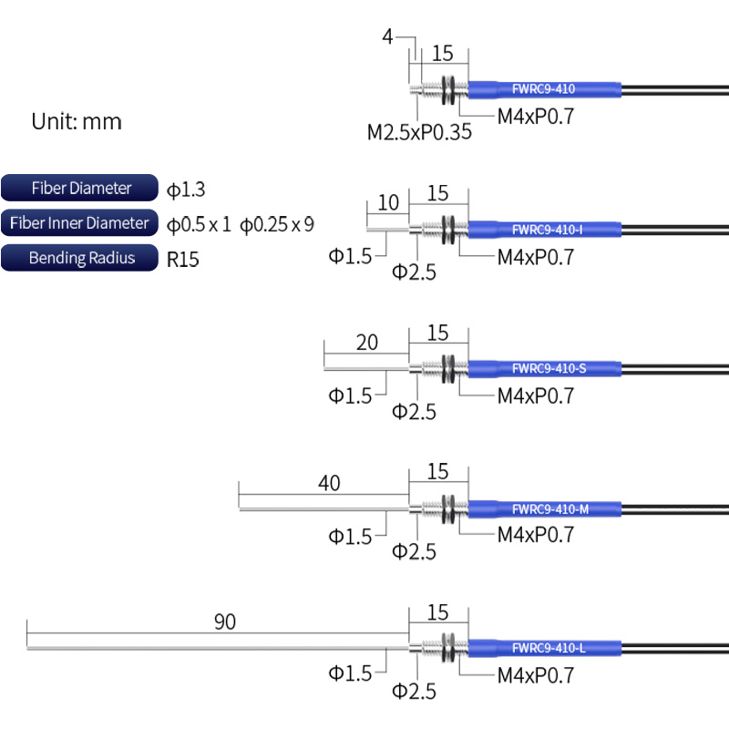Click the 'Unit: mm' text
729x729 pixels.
click(77, 122)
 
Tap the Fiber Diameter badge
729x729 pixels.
click(79, 188)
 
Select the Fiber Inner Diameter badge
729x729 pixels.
click(79, 222)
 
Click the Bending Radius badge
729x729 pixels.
click(79, 258)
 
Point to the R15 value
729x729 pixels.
click(183, 260)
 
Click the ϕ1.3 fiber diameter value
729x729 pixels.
click(186, 190)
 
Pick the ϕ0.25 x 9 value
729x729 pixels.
click(277, 224)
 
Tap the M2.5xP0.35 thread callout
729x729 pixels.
click(419, 132)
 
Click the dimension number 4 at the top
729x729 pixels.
click(387, 36)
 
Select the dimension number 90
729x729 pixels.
click(225, 621)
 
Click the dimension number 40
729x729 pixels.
click(329, 483)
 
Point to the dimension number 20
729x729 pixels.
click(367, 343)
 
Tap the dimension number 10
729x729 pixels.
click(388, 202)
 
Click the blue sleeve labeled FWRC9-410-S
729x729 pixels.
click(545, 369)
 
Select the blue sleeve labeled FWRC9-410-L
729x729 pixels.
click(545, 648)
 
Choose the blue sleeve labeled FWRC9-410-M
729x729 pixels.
click(545, 509)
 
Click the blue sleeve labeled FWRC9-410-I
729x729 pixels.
click(545, 230)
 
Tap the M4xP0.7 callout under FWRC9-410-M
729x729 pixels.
click(536, 535)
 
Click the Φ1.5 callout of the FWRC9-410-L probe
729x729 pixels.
click(350, 673)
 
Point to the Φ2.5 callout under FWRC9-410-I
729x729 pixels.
click(414, 272)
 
